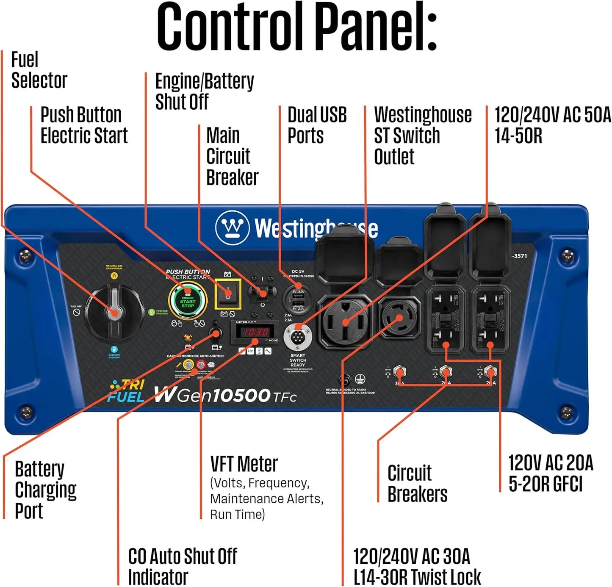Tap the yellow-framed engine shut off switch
coord(228,294)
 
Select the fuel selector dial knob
coord(113,313)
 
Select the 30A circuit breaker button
coord(399,373)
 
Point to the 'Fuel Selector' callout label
coord(39,70)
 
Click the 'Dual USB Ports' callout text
coord(317,125)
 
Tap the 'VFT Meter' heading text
coord(244,464)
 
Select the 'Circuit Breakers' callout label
coord(417,484)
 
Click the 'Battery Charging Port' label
coord(45,490)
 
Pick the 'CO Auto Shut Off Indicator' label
coord(182,566)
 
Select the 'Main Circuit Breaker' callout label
coord(232,156)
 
